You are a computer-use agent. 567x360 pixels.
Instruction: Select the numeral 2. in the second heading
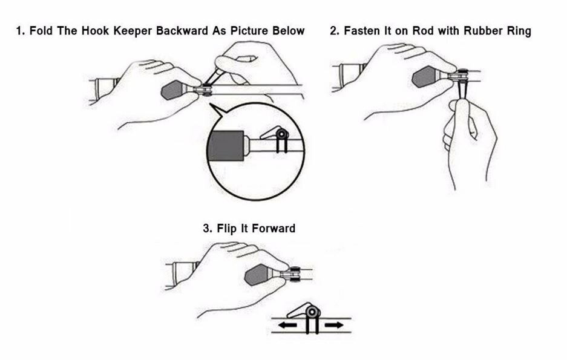click(x=334, y=31)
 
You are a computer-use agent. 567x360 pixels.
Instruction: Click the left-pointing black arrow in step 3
click(x=287, y=325)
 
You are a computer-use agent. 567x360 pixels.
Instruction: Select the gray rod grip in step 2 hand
click(x=425, y=78)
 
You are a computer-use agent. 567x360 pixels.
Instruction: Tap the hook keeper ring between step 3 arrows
click(x=312, y=312)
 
